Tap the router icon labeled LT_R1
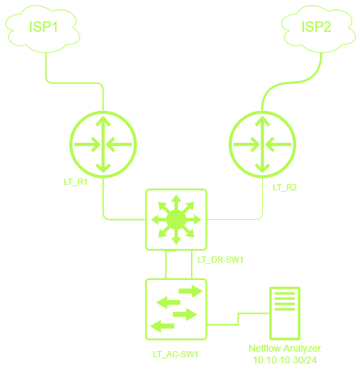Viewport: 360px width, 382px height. (x=103, y=145)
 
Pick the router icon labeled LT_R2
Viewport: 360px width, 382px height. (x=263, y=145)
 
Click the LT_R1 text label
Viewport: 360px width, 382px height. (x=76, y=182)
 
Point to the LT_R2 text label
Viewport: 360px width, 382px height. (x=285, y=188)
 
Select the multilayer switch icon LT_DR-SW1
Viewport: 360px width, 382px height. (x=177, y=219)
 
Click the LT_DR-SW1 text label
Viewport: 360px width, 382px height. (x=221, y=260)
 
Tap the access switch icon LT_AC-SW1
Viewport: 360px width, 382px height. (x=177, y=309)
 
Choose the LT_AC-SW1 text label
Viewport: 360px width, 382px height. (x=176, y=354)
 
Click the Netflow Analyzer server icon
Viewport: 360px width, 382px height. (x=285, y=313)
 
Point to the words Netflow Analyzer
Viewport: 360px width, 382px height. (x=285, y=348)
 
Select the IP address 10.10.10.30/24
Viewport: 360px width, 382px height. (x=285, y=360)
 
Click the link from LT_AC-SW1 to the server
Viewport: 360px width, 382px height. (x=238, y=319)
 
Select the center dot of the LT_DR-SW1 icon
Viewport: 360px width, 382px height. (x=177, y=220)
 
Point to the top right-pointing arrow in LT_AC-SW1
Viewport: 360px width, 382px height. (x=190, y=291)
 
